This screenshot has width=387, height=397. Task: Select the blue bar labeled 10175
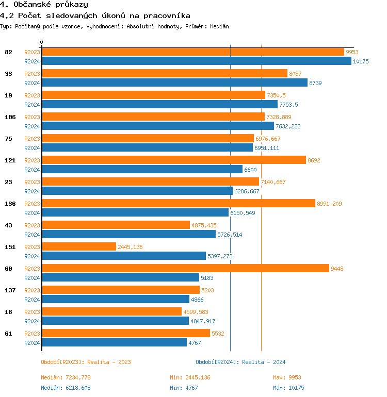pos(196,61)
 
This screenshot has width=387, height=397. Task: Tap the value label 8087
pos(295,74)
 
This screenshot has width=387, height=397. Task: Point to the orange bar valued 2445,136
pos(78,246)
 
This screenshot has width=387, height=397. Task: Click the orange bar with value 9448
pos(185,268)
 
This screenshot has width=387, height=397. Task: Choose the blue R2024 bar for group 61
pos(114,342)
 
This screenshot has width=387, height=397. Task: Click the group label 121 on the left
pos(10,160)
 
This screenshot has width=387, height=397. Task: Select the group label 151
pos(10,247)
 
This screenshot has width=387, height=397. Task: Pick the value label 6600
pos(250,170)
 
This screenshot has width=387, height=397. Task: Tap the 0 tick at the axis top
pos(42,42)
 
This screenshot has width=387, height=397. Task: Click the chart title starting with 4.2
pos(94,16)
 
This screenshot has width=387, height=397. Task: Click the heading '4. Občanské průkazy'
pos(44,5)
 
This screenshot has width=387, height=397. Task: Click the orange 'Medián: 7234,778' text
pos(66,377)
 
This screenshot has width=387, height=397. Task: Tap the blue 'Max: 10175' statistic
pos(288,388)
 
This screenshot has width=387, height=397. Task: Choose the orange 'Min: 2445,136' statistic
pos(190,377)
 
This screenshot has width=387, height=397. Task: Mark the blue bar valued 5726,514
pos(128,234)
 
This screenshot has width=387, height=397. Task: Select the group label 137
pos(10,290)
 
